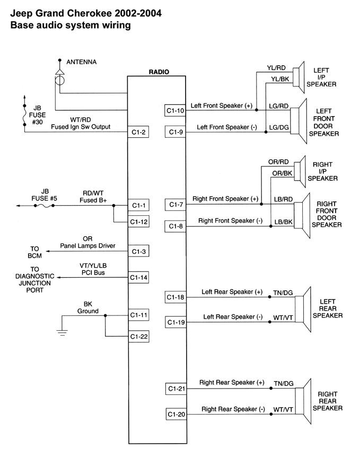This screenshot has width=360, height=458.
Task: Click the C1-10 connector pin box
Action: click(x=175, y=111)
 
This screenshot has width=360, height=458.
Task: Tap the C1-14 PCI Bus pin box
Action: click(x=138, y=277)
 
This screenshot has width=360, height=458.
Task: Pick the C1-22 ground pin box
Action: click(x=138, y=336)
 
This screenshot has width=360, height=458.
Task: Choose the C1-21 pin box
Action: click(x=175, y=389)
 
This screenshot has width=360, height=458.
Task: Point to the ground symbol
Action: click(x=62, y=333)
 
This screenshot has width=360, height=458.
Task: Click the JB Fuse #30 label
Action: click(x=36, y=114)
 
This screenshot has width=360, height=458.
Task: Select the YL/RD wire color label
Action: click(x=276, y=68)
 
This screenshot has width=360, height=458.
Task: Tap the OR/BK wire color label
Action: click(x=281, y=173)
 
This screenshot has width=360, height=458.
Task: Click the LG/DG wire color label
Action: click(x=279, y=128)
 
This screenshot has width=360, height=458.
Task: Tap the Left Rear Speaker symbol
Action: click(x=301, y=308)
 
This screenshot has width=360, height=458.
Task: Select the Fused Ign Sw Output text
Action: click(x=79, y=127)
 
